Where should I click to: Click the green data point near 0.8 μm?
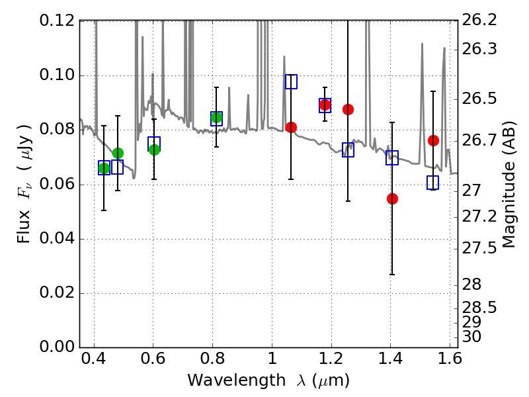click(216, 118)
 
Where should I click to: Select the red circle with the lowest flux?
click(392, 198)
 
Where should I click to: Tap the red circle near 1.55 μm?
click(433, 140)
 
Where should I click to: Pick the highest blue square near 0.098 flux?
click(291, 81)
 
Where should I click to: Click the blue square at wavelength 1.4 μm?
click(392, 157)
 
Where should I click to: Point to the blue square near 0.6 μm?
click(154, 144)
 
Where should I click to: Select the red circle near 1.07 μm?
click(291, 127)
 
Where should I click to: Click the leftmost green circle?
click(104, 168)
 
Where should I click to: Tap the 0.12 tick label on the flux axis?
click(56, 21)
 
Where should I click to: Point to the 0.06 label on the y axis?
click(56, 184)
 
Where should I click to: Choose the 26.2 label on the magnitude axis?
click(481, 21)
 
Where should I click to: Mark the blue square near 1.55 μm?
click(432, 183)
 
